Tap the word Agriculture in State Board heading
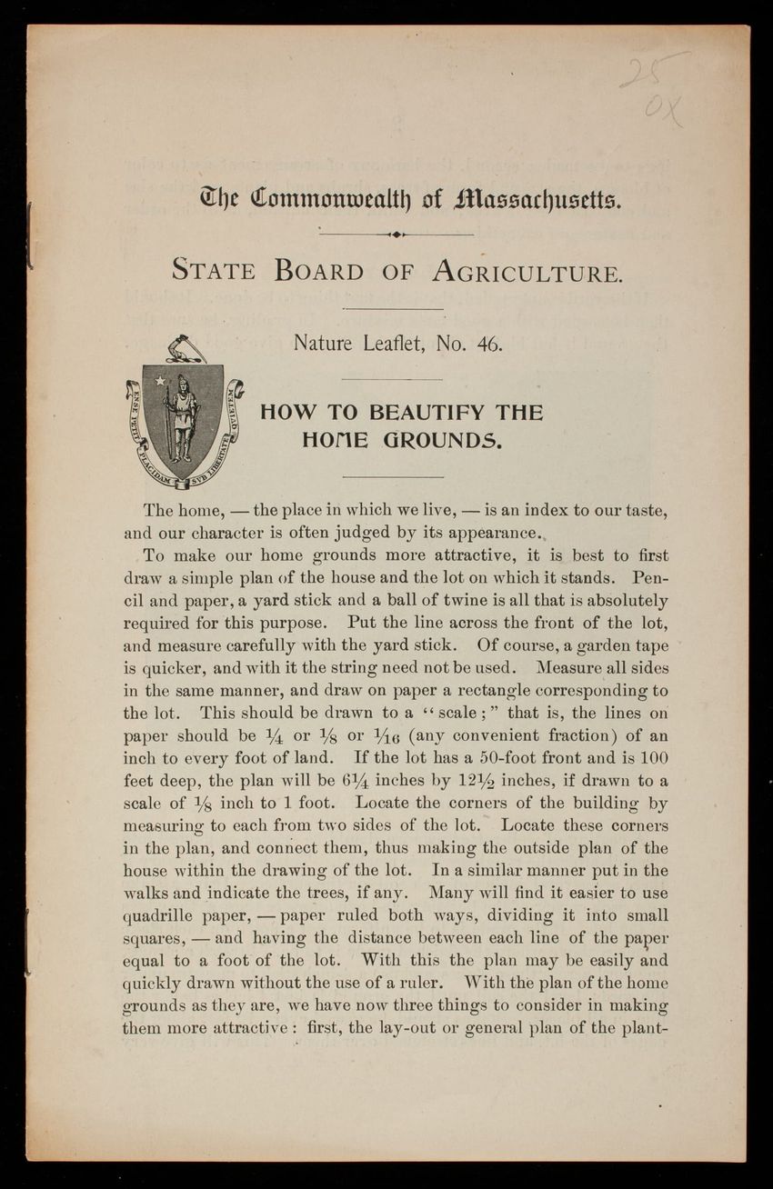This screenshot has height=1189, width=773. point(527,271)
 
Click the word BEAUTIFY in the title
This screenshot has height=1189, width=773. point(427,413)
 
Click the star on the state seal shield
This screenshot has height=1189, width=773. point(161,380)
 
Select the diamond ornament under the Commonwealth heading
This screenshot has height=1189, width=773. point(396,234)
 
